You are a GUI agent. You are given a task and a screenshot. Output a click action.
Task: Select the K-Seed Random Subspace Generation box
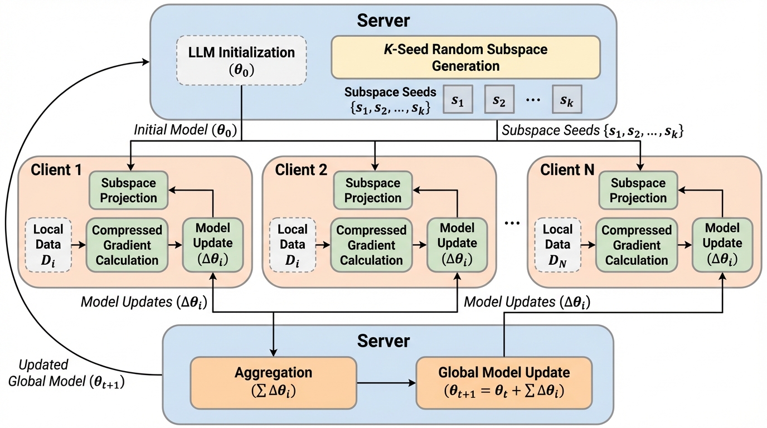[465, 57]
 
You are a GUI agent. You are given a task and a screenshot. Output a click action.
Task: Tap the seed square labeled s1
[458, 100]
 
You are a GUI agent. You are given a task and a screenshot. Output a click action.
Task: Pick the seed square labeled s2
[499, 100]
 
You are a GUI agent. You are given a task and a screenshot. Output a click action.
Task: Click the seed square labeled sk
[567, 100]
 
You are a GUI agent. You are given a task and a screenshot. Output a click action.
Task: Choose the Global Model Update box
[504, 381]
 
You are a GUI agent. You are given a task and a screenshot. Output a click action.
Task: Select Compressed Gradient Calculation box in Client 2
[371, 245]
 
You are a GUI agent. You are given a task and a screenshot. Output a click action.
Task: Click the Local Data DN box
[557, 244]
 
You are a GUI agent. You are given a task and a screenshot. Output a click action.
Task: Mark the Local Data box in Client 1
[48, 244]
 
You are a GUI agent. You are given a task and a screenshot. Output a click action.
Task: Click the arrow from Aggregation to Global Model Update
[386, 383]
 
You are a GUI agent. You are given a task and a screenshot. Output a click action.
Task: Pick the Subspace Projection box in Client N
[638, 190]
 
